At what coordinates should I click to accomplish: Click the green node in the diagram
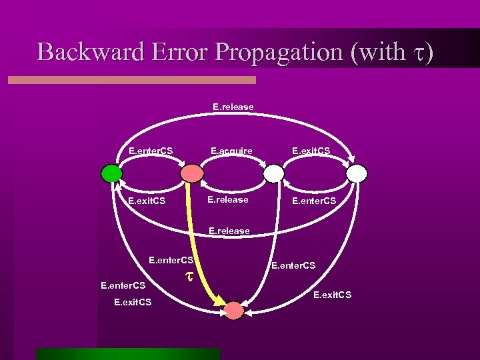click(x=111, y=173)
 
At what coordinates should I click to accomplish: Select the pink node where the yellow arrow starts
click(x=192, y=173)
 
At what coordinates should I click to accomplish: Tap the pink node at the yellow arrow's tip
click(x=234, y=311)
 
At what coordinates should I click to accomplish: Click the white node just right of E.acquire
click(x=273, y=173)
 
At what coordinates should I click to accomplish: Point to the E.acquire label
click(x=231, y=151)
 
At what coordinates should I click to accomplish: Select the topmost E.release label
click(x=233, y=106)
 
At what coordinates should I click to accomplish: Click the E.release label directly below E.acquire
click(x=227, y=199)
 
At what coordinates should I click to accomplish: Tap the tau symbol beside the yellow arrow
click(x=189, y=275)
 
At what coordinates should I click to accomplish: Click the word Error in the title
click(x=175, y=52)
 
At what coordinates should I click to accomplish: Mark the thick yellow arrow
click(x=204, y=253)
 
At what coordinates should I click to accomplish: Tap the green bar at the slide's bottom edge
click(x=127, y=353)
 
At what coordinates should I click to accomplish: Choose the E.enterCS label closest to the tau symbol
click(x=171, y=260)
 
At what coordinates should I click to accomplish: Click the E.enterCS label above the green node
click(x=151, y=151)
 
